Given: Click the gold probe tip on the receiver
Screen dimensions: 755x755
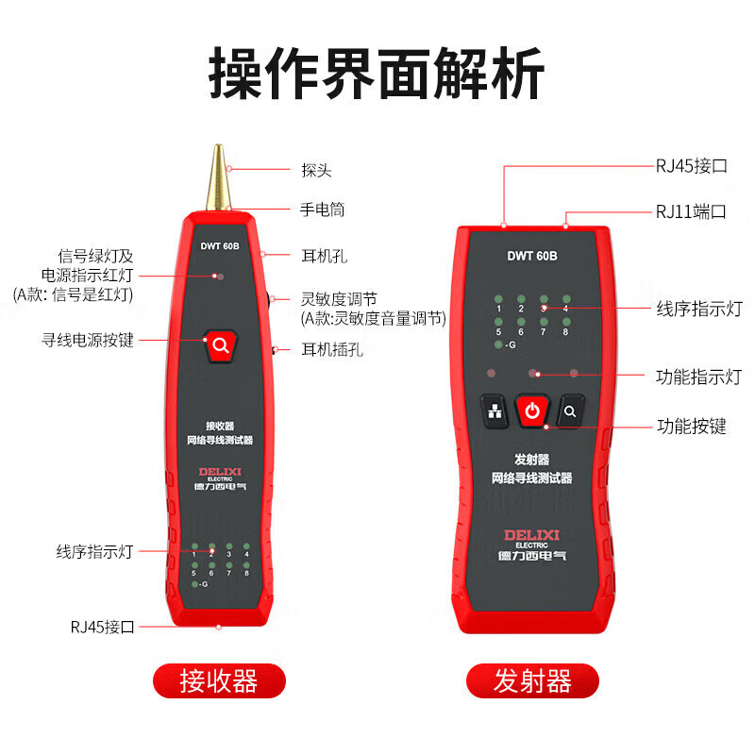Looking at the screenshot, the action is point(218,177).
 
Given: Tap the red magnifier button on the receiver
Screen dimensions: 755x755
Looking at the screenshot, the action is point(221,345).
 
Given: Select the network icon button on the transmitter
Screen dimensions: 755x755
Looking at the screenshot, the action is point(495,411).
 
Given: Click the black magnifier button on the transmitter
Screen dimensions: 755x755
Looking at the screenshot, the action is point(570,411).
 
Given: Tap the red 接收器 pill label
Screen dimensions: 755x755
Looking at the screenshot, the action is point(219,680).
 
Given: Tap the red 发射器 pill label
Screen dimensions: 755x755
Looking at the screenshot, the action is point(532,680).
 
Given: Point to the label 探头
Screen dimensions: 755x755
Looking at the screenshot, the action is point(316,170).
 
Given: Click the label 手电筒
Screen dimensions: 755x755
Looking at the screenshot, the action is point(322,210).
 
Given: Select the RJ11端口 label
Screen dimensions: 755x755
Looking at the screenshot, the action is point(691,211).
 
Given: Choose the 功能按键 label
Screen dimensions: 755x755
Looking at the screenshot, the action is point(692,427).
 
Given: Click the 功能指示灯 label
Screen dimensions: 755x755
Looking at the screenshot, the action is point(698,377).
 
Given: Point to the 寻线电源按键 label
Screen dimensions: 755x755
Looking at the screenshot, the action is point(88,340).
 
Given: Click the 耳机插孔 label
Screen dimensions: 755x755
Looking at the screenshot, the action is point(332,349).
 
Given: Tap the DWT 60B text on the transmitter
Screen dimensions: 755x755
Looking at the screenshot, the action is point(532,256).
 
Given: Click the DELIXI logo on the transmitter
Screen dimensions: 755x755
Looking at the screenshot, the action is point(531,535).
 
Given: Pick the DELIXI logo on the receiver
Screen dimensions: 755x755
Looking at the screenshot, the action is point(220,471).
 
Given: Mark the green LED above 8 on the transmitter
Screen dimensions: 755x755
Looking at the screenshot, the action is point(566,322).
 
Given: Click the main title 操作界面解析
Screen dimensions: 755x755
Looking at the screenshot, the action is point(377,74).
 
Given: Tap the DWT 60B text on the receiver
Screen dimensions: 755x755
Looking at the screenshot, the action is point(220,246).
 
